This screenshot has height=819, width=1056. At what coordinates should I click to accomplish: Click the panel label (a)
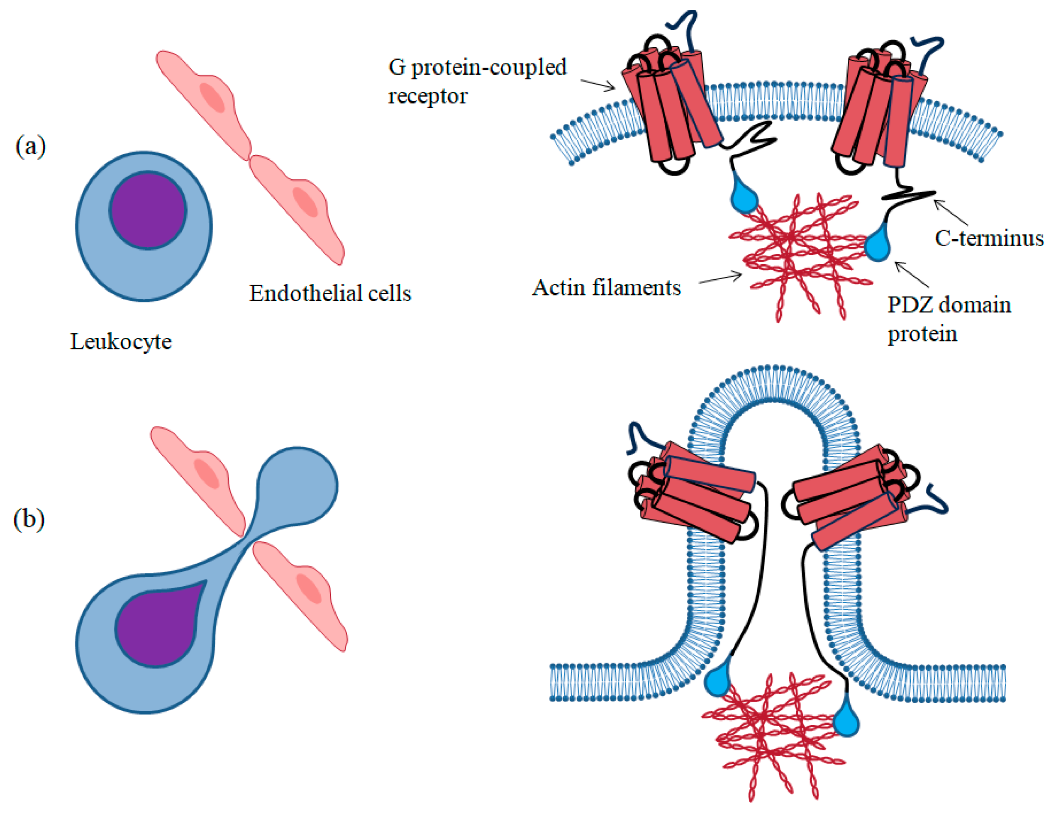coord(30,146)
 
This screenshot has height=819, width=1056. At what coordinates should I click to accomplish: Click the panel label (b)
coord(29,520)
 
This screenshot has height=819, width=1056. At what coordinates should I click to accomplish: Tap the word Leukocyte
coord(121,342)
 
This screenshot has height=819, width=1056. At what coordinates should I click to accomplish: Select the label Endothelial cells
coord(330,293)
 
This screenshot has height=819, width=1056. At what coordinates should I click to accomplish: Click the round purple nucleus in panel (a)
coord(148,210)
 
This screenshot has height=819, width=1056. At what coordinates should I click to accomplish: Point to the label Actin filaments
coord(606,288)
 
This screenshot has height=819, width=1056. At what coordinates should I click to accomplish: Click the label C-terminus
coord(989,238)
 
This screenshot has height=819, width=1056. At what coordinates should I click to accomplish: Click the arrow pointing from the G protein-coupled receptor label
coord(598,85)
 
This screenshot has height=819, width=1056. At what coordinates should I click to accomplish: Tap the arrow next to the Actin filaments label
coord(720,278)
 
